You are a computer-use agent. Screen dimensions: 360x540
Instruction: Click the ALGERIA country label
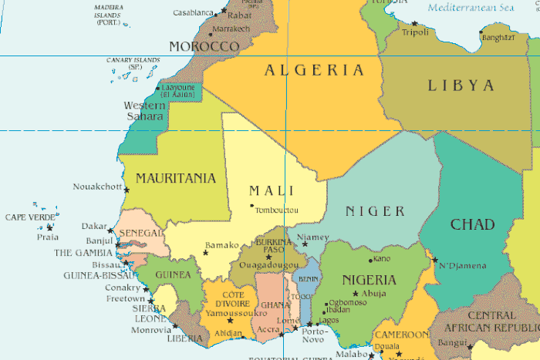click(314, 70)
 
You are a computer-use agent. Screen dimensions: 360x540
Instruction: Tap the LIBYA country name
click(461, 85)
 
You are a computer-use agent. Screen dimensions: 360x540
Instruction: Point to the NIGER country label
click(375, 211)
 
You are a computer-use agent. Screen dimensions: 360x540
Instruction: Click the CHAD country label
click(472, 224)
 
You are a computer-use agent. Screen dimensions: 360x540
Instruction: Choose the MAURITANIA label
click(176, 178)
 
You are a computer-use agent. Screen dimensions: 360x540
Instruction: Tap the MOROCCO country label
click(204, 46)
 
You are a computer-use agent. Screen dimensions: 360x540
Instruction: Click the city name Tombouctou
click(278, 210)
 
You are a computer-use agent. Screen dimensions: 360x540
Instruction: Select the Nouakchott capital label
click(97, 187)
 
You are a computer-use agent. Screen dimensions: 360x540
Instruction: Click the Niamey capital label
click(313, 237)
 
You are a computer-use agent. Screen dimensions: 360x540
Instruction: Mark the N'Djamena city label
click(463, 266)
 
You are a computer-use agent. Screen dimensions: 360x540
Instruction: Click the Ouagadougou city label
click(269, 264)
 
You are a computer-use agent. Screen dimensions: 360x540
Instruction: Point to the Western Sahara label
click(144, 110)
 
